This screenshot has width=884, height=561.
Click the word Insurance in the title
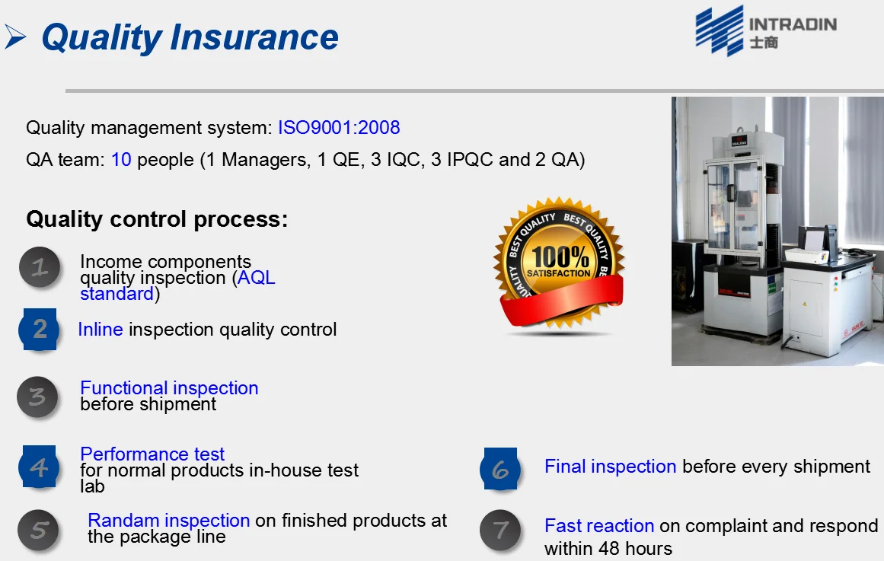coord(254,37)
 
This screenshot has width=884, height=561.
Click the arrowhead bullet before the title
coord(15,37)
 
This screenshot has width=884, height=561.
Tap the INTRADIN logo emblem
coord(720,30)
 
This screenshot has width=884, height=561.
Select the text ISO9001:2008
coord(339,127)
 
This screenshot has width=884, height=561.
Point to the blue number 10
coord(121,160)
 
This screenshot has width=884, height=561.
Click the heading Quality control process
coord(157,218)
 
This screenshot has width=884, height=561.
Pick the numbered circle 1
coord(40,267)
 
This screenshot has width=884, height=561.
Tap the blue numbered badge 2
coord(40,330)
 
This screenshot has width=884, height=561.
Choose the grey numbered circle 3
coord(38,397)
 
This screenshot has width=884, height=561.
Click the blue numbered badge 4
coord(39,467)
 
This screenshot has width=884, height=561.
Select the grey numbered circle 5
coord(38,531)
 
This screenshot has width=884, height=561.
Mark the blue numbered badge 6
coord(500,469)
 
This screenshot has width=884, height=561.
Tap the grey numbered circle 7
coord(500,531)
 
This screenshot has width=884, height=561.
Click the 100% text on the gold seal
coord(560,257)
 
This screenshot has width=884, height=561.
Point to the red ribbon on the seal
coord(563,301)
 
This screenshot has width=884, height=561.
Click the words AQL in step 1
coord(257,277)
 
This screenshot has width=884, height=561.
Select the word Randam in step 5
coord(123,520)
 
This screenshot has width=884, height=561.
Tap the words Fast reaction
coord(599,525)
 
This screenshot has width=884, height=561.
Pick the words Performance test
coord(152,454)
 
